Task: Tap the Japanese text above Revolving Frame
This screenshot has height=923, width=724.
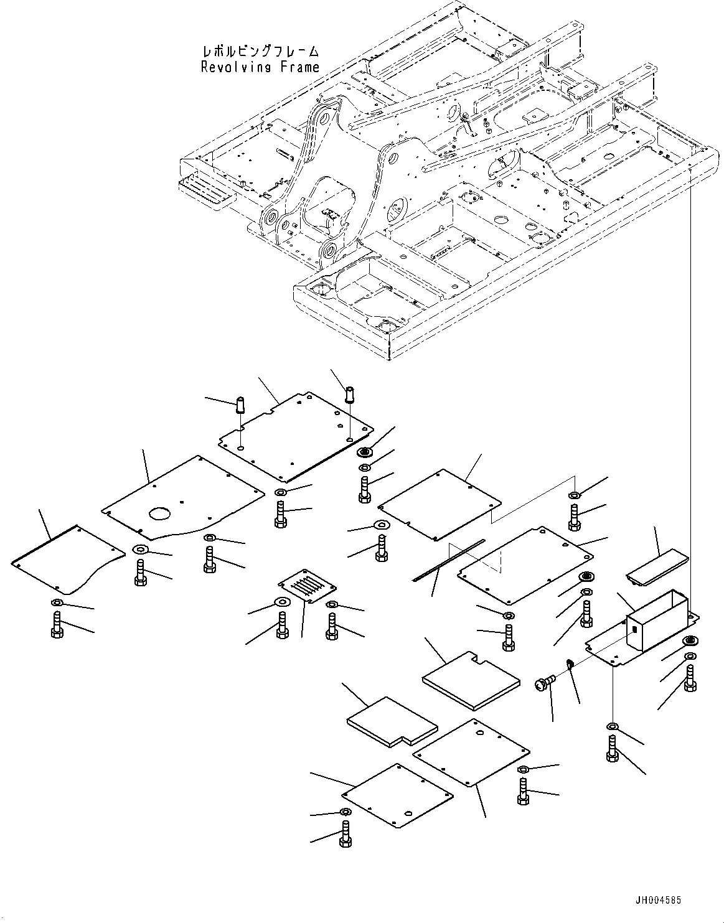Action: (x=261, y=52)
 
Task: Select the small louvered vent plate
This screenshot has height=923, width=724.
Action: (x=307, y=585)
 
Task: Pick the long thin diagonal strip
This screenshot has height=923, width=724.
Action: (x=448, y=560)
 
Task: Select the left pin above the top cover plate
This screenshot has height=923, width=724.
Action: (x=240, y=405)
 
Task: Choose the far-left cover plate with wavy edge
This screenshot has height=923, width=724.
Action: (x=68, y=559)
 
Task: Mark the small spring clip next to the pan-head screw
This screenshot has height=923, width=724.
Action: (x=570, y=663)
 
